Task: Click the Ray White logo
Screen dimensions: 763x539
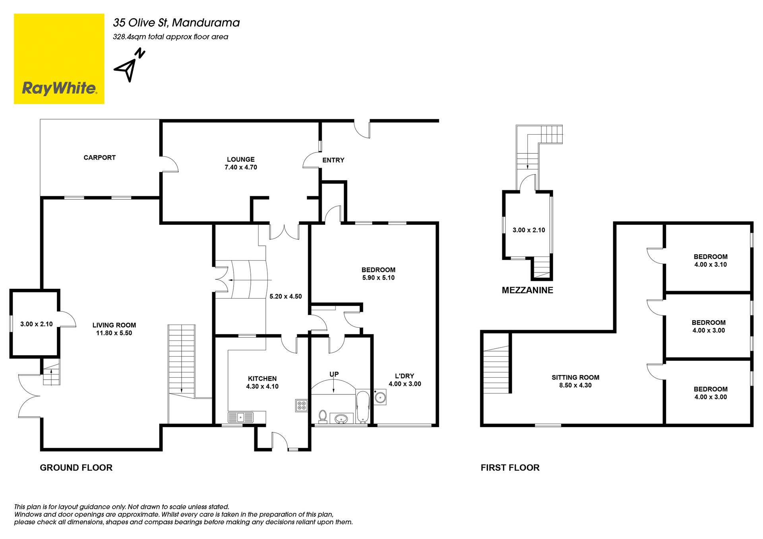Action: [x=59, y=59]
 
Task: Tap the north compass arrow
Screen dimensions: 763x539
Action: [x=130, y=65]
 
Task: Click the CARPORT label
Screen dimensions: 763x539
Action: [x=99, y=158]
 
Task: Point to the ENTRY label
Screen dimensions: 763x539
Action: [x=333, y=160]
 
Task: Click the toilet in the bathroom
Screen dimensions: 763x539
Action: [x=323, y=416]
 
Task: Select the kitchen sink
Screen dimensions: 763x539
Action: [x=240, y=417]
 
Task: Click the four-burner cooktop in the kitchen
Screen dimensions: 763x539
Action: [x=302, y=405]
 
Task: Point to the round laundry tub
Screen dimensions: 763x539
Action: [x=380, y=397]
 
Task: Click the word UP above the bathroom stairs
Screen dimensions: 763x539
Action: [x=334, y=374]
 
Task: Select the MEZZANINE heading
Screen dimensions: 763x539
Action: [x=527, y=290]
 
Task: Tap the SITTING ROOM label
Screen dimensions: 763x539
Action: [x=575, y=377]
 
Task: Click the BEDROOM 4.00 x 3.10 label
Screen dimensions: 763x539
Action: [x=711, y=261]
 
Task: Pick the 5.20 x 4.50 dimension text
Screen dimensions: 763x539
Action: [x=285, y=296]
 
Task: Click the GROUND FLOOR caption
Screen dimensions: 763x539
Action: [x=76, y=468]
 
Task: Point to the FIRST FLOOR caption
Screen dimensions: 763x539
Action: [x=510, y=468]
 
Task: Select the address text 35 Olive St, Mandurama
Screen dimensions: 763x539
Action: [x=176, y=23]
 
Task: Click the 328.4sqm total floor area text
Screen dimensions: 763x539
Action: [x=170, y=37]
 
